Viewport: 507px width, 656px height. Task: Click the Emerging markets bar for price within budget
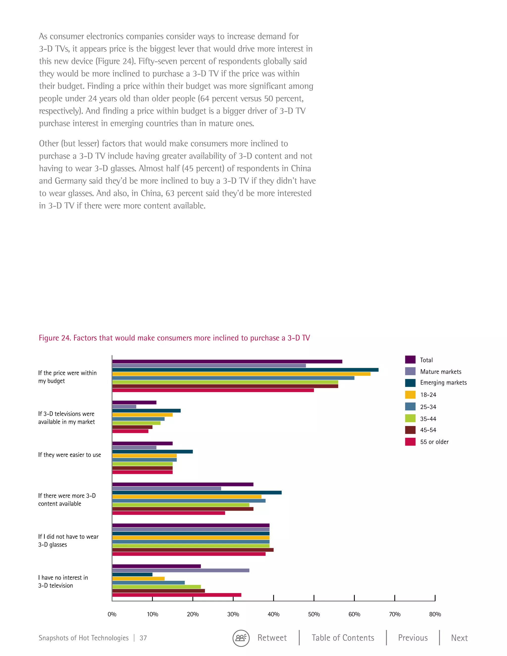(245, 370)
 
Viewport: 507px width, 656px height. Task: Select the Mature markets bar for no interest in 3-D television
(180, 570)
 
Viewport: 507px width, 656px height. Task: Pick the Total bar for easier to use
(142, 443)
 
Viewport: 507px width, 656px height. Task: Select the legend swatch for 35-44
(410, 418)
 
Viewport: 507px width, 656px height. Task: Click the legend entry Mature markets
(440, 372)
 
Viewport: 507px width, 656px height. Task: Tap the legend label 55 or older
(434, 442)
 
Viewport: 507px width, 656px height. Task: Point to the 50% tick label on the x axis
(314, 614)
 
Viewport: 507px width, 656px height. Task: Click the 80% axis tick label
(435, 614)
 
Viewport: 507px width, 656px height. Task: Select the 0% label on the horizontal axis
(112, 614)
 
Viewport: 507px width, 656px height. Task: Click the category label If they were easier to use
(69, 455)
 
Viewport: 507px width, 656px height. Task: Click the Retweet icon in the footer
(241, 638)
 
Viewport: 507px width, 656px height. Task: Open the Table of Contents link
(343, 638)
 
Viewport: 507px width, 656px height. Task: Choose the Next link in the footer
(459, 638)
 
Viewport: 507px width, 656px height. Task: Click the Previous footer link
(413, 638)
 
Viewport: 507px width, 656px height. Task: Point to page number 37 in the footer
(143, 638)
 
